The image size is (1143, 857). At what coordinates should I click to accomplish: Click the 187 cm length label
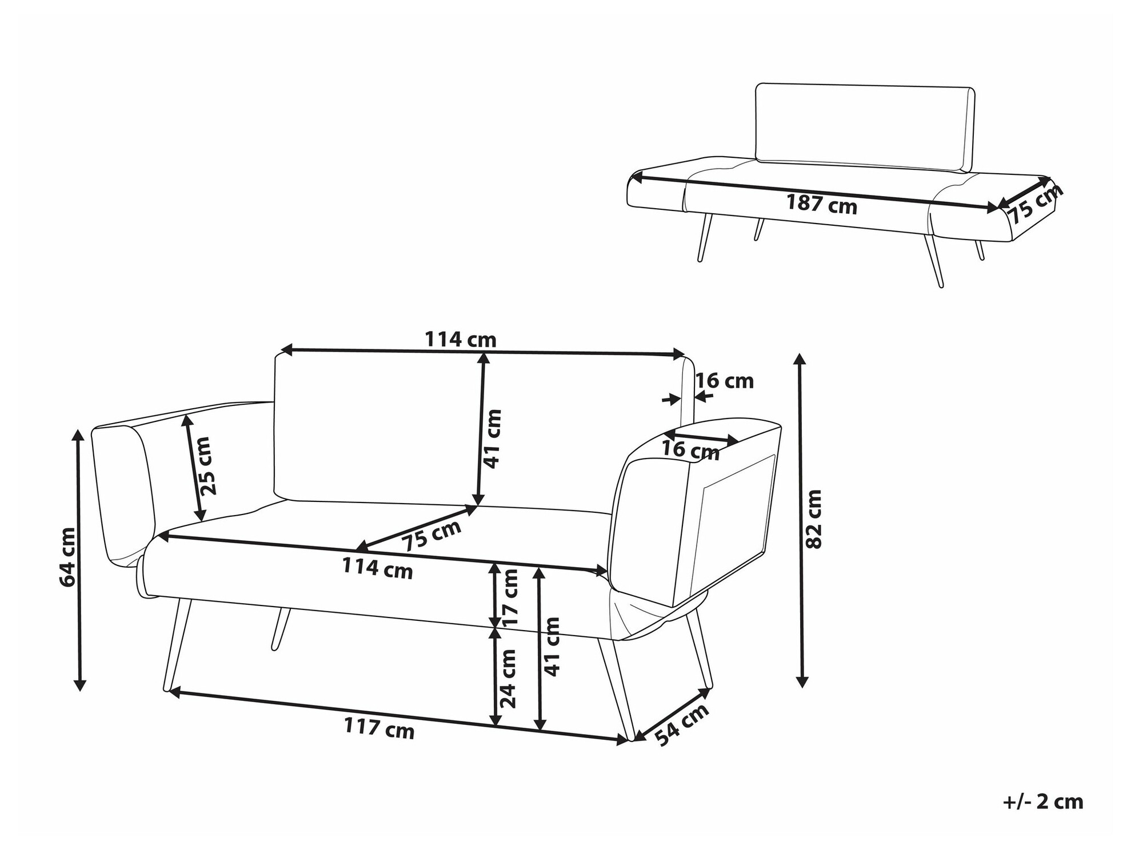coord(821,204)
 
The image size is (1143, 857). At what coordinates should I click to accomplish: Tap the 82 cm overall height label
coord(813,519)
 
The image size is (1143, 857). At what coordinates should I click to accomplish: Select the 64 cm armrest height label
coord(67,557)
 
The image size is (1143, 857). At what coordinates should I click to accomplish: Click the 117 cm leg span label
coord(379,728)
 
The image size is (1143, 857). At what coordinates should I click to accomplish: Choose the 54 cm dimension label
coord(682,724)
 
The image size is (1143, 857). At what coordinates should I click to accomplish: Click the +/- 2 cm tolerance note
coord(1043,802)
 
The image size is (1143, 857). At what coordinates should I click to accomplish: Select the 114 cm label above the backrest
coord(460,340)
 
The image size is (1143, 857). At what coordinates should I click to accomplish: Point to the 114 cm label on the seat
coord(377,568)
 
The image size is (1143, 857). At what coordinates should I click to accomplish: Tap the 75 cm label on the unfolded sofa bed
coord(1034,204)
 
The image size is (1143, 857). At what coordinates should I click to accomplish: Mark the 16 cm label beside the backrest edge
coord(725,381)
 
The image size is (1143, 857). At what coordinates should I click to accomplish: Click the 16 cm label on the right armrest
coord(690,450)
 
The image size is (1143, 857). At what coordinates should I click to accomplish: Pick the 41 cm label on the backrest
coord(492,439)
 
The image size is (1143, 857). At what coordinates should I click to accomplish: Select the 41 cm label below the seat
coord(552,647)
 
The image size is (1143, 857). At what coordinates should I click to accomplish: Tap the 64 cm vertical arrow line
coord(79,560)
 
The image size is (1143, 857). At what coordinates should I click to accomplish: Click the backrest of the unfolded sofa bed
coord(865,127)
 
